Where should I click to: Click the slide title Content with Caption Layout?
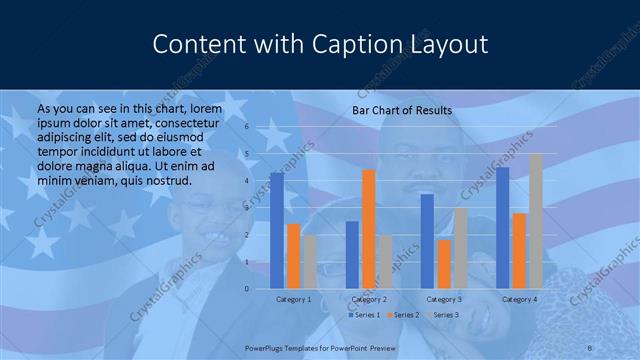[x=320, y=45]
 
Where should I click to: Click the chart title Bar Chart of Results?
[x=401, y=110]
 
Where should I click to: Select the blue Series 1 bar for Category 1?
[x=277, y=230]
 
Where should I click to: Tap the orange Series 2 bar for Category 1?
[x=293, y=256]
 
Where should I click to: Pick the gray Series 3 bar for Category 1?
[x=309, y=262]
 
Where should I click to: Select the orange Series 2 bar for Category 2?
[x=368, y=229]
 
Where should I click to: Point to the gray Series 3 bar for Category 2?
[x=385, y=262]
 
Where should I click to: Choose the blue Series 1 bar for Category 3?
[x=427, y=241]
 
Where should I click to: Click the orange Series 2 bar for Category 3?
[x=443, y=264]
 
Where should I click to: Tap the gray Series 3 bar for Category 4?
[x=535, y=221]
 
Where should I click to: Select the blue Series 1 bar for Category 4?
[x=502, y=228]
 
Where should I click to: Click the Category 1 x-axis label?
[x=293, y=299]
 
